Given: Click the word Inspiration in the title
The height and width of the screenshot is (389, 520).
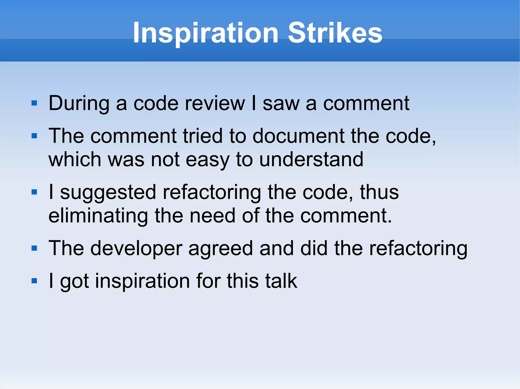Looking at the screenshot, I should [x=206, y=33].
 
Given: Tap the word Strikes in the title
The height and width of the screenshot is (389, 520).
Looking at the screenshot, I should [x=335, y=33].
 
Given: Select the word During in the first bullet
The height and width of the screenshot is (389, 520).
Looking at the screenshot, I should [x=79, y=103].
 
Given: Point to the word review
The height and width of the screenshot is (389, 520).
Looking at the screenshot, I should [x=215, y=103].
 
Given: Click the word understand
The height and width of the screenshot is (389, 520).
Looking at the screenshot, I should [x=311, y=160].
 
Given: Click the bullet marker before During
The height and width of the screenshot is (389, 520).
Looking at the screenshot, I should [x=34, y=103].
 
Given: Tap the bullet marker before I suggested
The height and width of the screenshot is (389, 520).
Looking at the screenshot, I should [x=34, y=192].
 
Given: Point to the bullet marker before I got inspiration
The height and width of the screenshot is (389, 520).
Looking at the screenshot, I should [x=34, y=281].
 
